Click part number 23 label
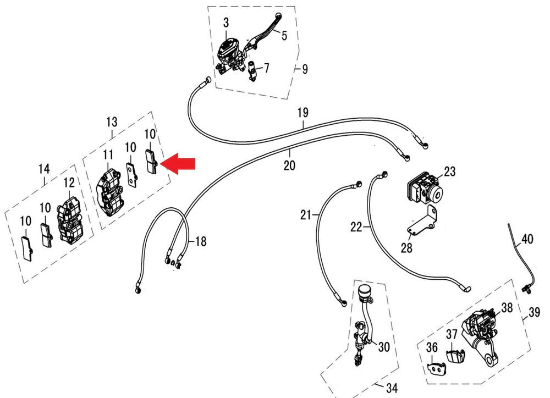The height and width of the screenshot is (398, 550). tap(450, 172)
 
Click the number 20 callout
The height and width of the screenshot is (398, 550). tap(290, 165)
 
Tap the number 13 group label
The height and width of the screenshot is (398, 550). tap(112, 121)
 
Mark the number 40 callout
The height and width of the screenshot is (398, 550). tap(527, 240)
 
